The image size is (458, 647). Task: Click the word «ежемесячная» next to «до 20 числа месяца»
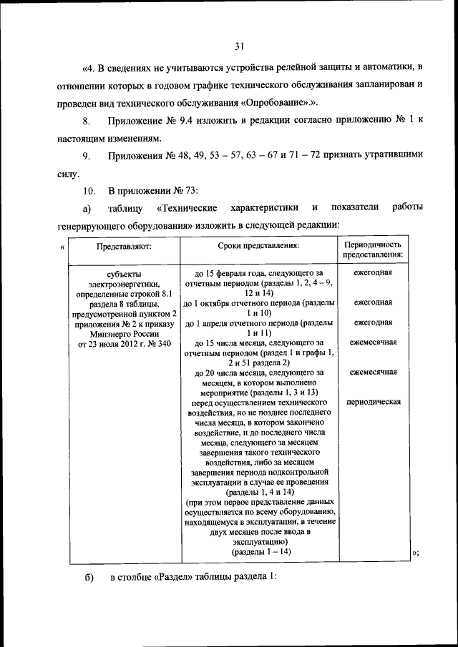373,372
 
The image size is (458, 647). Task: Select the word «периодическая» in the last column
373,402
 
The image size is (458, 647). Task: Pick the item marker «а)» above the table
87,208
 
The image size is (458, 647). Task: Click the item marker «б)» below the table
88,577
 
